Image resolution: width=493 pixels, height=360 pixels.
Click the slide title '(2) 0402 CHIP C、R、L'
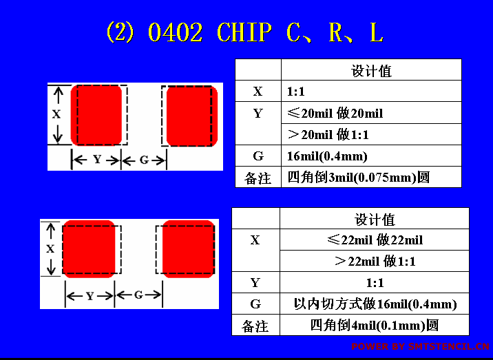[244, 32]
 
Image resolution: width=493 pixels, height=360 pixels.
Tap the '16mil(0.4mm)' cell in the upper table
[327, 156]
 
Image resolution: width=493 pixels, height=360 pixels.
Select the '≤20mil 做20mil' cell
[335, 113]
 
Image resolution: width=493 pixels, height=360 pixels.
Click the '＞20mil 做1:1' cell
[328, 134]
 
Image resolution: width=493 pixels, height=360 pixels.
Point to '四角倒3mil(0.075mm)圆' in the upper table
[358, 178]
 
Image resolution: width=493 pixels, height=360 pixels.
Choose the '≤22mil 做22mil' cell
[375, 240]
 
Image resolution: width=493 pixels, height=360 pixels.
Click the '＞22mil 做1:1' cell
[375, 262]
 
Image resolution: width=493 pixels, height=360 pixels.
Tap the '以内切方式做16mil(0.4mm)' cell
[375, 304]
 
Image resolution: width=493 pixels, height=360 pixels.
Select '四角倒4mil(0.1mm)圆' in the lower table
[374, 326]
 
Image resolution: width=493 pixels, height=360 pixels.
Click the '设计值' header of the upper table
[371, 71]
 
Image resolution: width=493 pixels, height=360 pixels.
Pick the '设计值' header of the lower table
[375, 219]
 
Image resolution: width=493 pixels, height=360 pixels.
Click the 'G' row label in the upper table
[258, 156]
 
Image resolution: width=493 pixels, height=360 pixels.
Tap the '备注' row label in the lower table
[255, 326]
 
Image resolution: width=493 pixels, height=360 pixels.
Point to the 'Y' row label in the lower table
[255, 283]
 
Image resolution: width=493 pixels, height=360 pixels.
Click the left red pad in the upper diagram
[96, 116]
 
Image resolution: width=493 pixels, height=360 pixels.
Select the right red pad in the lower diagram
[189, 249]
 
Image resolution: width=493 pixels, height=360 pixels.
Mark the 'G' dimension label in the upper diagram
[144, 160]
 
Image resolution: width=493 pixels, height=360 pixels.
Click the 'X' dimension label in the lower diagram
[51, 249]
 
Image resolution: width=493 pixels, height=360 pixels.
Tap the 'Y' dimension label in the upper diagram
[97, 160]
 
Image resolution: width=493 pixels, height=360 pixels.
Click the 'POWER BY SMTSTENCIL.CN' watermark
[421, 346]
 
